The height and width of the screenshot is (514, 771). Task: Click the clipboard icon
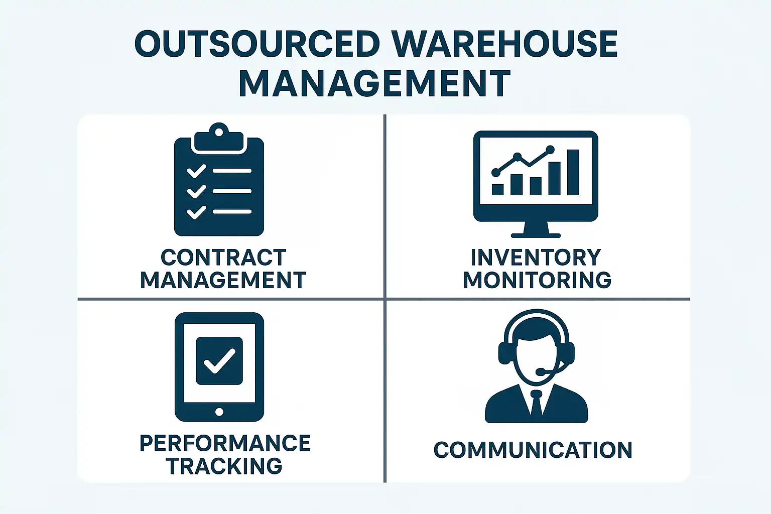click(x=219, y=181)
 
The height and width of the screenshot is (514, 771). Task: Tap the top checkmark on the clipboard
click(x=196, y=171)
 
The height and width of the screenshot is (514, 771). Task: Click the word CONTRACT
click(x=223, y=258)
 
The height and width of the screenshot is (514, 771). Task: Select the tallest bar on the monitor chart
click(x=573, y=172)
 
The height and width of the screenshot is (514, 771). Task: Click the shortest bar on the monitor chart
click(x=497, y=189)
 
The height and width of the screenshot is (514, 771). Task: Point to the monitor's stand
click(x=536, y=230)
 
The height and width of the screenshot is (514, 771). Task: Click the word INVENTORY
click(x=536, y=258)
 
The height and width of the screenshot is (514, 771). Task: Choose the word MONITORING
click(x=537, y=280)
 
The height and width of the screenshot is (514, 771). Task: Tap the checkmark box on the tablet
click(x=219, y=361)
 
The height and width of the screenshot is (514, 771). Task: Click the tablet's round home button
click(x=219, y=412)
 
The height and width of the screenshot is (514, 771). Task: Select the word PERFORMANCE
click(x=225, y=444)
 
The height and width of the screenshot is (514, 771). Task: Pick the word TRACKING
click(x=224, y=466)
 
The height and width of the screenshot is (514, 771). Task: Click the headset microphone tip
click(x=540, y=372)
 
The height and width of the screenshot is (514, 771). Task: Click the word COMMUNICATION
click(x=533, y=450)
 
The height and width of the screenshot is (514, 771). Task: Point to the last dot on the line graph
click(x=550, y=150)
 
